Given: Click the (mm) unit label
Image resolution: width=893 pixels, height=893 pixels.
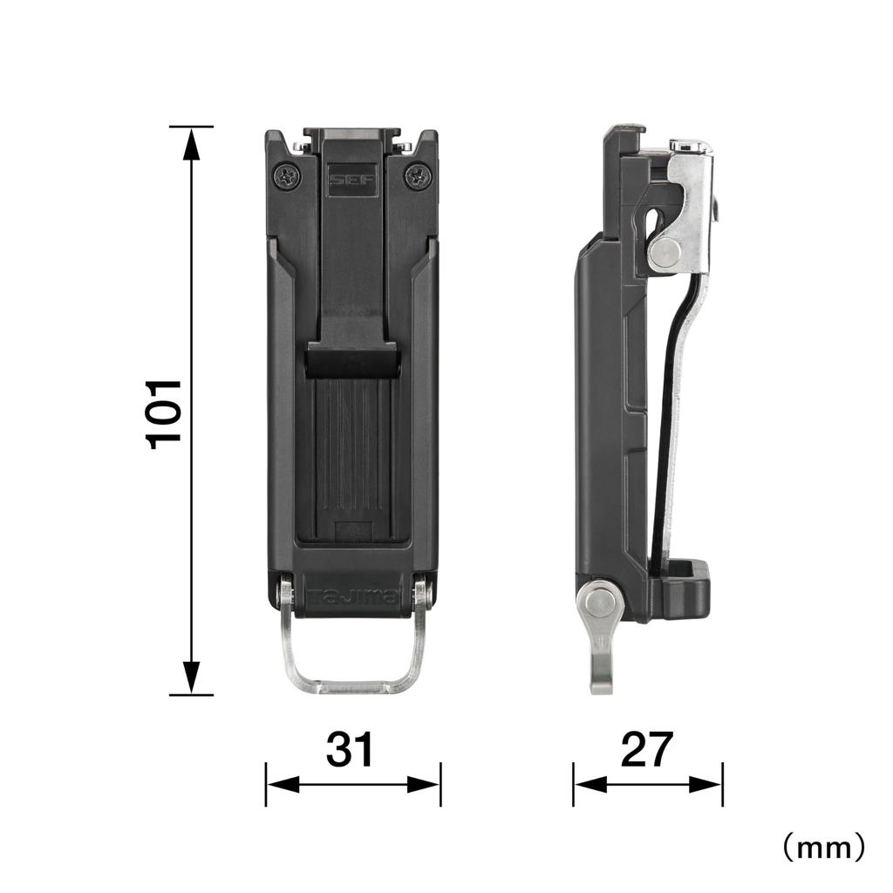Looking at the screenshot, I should click(822, 845).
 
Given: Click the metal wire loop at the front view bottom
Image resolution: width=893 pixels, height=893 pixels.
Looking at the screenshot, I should click(353, 680).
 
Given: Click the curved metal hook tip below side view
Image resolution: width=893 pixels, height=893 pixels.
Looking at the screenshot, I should click(601, 676).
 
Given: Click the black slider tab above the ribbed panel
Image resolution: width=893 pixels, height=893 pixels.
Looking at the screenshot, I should click(352, 358).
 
